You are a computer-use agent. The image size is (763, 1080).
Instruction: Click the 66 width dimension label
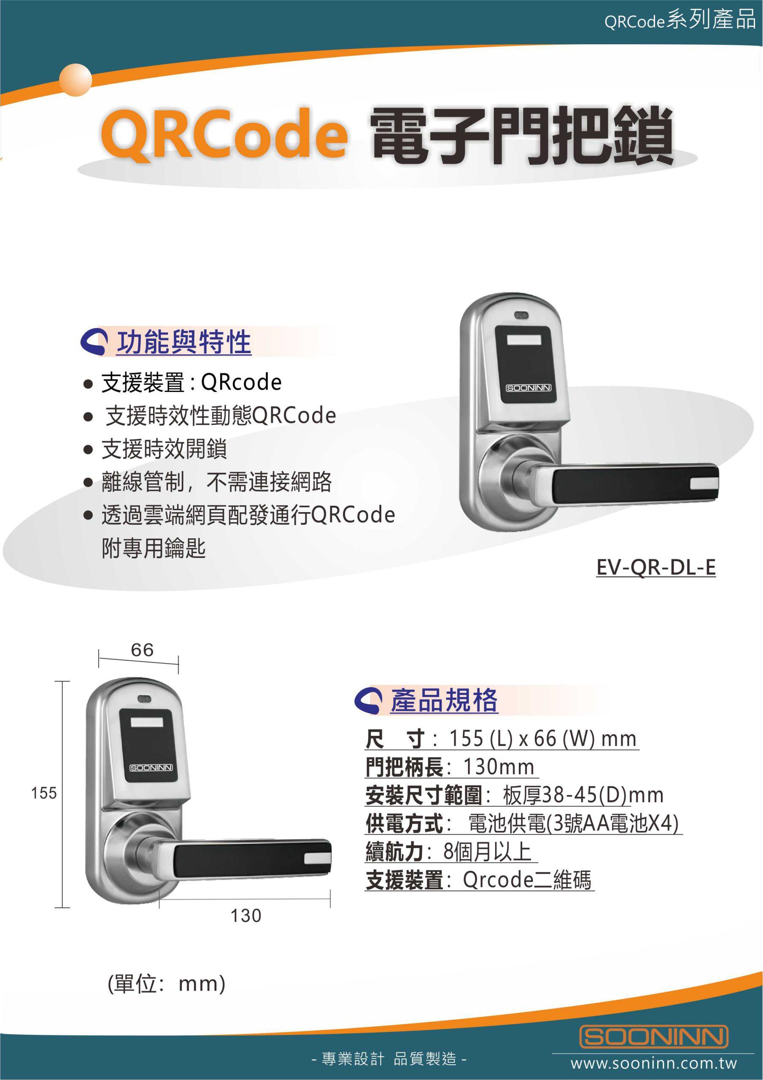pyautogui.click(x=142, y=650)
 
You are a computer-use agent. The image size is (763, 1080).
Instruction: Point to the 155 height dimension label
pyautogui.click(x=44, y=794)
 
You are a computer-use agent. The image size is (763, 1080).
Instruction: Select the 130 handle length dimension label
pyautogui.click(x=245, y=915)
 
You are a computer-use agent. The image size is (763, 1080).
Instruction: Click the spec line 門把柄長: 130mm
pyautogui.click(x=450, y=767)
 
